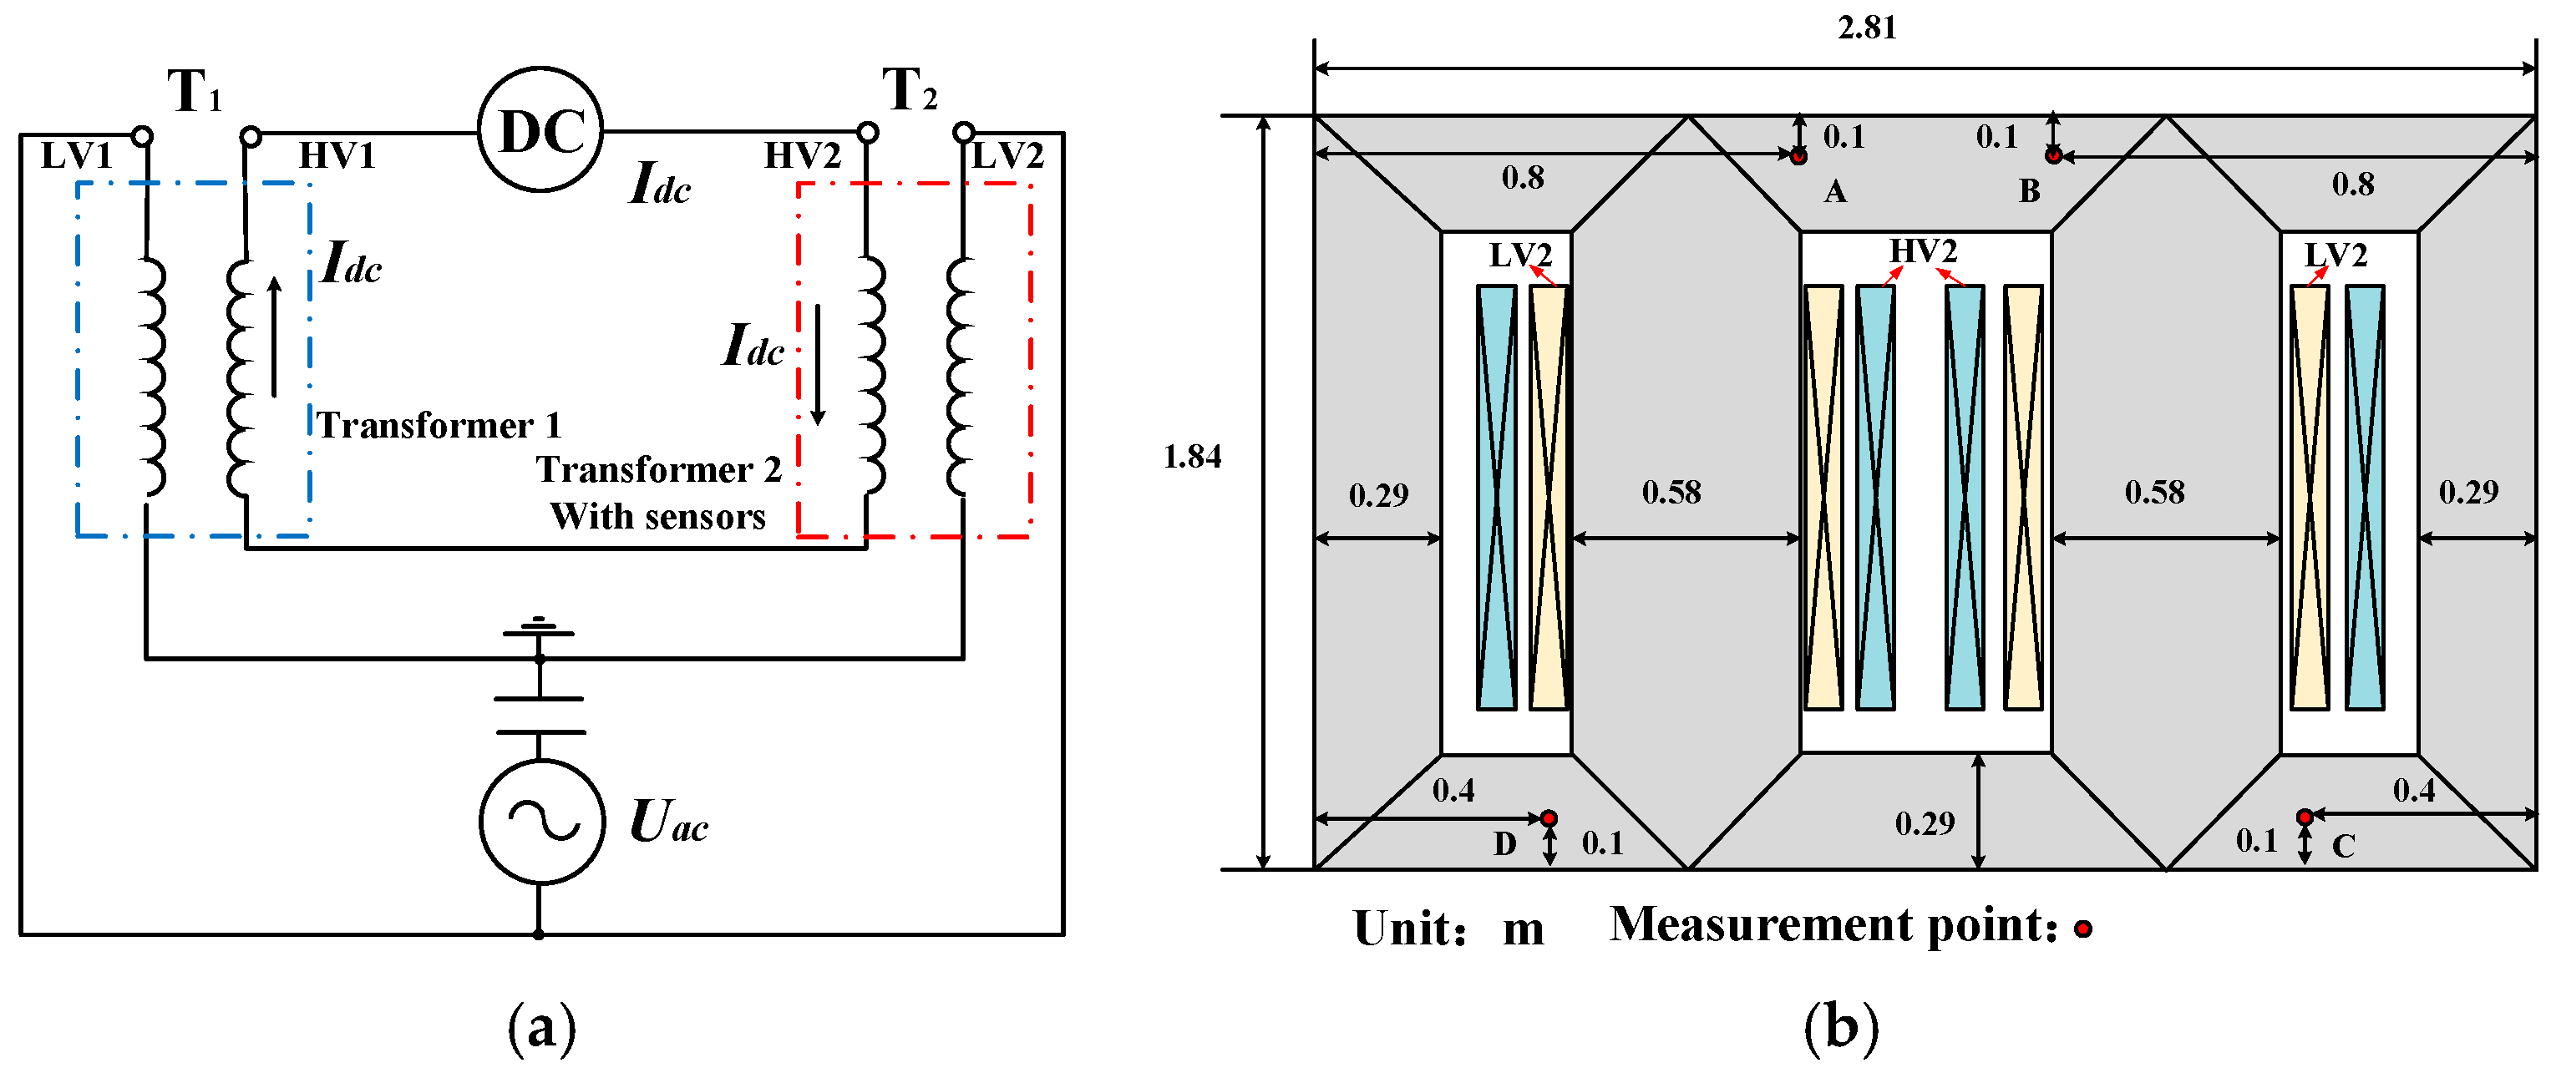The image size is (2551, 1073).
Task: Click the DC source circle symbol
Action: [540, 129]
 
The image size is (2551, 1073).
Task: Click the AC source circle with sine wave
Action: [542, 821]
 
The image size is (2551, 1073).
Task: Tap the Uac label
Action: [668, 822]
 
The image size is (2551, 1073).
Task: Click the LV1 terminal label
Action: [75, 155]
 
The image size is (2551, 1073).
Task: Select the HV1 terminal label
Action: [337, 155]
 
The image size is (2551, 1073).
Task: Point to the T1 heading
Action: [193, 91]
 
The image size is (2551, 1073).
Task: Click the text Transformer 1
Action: [439, 426]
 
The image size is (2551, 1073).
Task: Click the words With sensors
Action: [657, 517]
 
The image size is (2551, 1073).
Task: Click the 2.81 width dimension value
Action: [1867, 28]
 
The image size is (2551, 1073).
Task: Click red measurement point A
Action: [1798, 155]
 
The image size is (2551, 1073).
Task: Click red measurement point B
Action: [2053, 155]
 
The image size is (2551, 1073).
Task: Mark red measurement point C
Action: [2305, 817]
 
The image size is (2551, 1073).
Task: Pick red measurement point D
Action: [1549, 818]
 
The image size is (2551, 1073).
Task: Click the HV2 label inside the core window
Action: [1922, 251]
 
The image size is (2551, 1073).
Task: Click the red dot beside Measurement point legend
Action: [2082, 929]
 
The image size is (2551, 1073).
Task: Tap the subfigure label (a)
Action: [540, 1029]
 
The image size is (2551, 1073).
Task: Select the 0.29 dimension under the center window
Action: [1925, 823]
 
